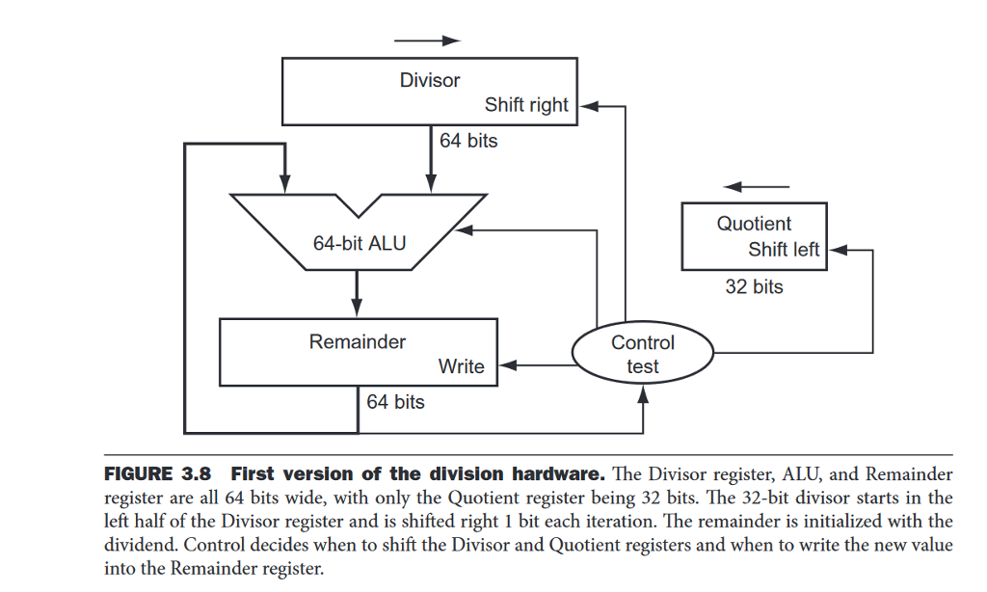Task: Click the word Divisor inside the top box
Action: [430, 80]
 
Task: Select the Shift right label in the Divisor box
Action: [526, 105]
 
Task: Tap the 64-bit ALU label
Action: [360, 243]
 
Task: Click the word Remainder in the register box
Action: [358, 341]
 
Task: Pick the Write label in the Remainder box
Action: [461, 366]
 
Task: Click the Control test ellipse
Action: [642, 354]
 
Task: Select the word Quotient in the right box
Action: [754, 224]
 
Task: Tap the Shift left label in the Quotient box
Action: [783, 250]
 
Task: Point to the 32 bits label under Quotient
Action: [754, 286]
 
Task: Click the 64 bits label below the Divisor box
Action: [468, 141]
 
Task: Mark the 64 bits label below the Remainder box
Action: [395, 402]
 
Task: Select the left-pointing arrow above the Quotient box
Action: [757, 186]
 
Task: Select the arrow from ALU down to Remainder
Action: [358, 294]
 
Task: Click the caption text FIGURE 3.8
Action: [158, 474]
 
